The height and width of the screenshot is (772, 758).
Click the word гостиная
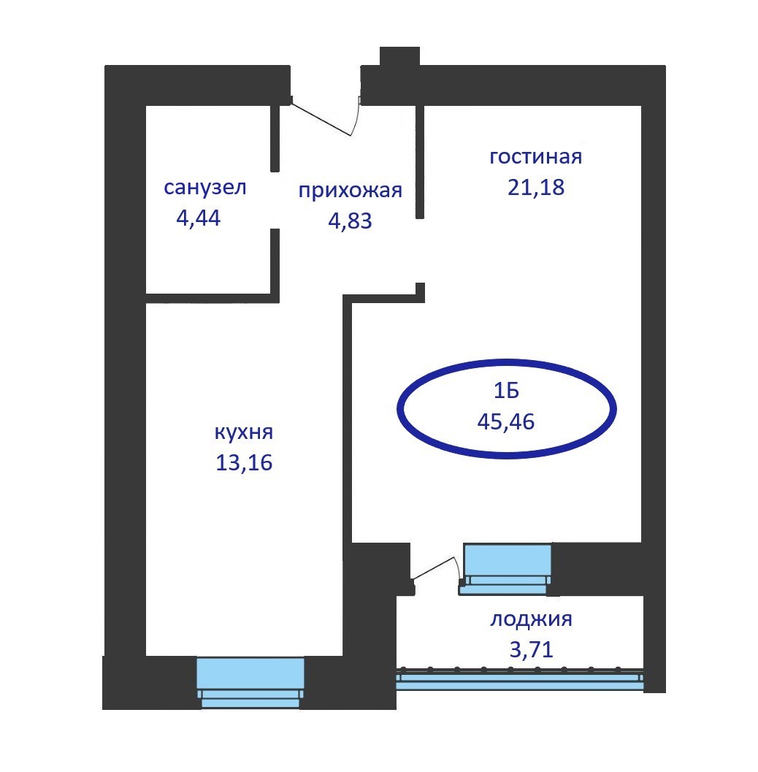535,156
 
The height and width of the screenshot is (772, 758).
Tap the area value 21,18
536,188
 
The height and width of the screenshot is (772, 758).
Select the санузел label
204,188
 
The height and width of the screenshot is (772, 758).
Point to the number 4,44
199,218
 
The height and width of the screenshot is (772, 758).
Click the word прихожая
350,191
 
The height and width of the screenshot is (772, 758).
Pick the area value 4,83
350,221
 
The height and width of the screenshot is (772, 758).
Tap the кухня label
244,432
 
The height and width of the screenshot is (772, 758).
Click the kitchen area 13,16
244,463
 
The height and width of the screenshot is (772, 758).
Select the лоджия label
531,619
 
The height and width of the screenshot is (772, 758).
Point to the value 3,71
532,649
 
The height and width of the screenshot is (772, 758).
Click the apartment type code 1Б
506,391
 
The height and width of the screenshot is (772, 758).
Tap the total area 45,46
506,422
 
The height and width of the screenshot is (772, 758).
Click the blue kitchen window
250,683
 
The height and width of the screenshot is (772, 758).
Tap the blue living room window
507,569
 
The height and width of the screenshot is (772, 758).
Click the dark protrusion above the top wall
399,56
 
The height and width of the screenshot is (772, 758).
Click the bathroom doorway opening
275,200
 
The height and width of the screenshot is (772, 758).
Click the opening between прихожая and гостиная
420,251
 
